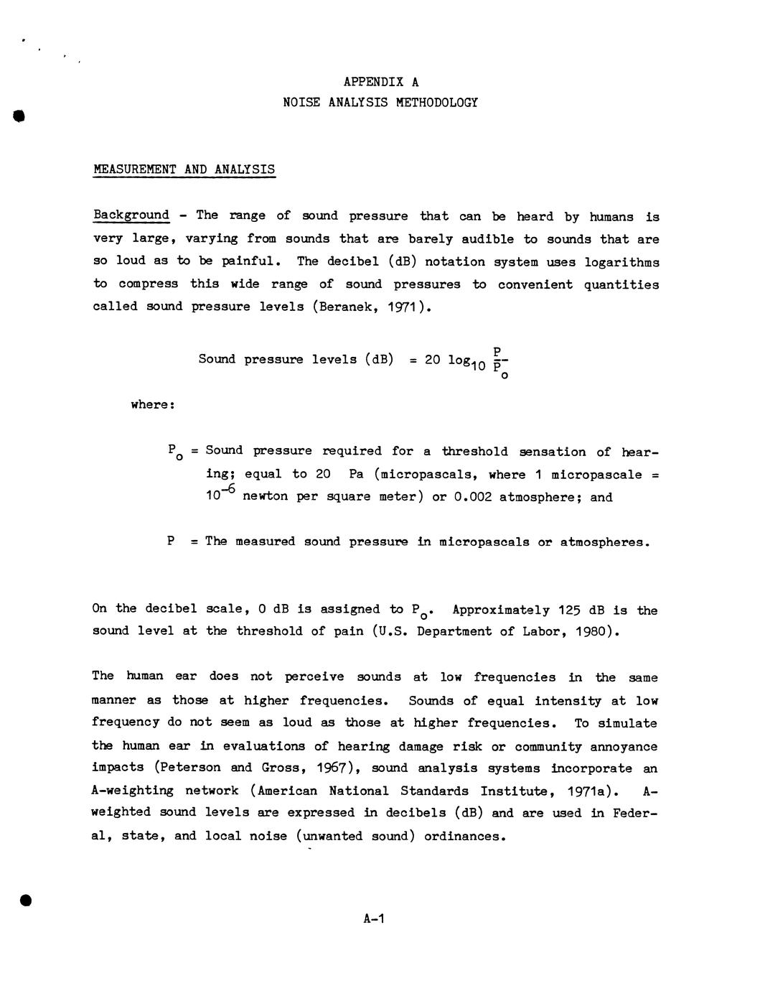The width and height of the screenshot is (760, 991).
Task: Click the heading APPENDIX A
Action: (x=380, y=82)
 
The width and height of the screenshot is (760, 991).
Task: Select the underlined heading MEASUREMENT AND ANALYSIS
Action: (x=184, y=169)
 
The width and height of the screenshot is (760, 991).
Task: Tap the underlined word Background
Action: (x=131, y=215)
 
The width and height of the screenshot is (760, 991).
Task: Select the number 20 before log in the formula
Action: (x=432, y=359)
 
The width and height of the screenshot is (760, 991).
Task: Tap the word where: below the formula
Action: (x=153, y=405)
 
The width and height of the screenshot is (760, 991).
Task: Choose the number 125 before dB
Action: (x=565, y=610)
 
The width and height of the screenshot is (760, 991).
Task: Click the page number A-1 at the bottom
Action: (x=375, y=918)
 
